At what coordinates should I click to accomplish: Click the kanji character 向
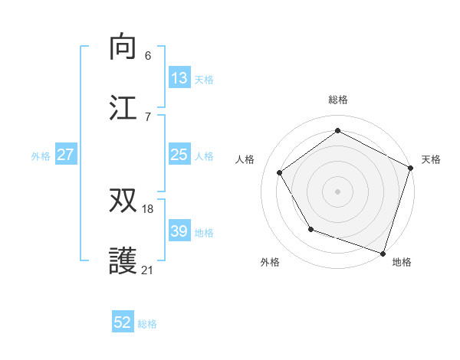[x=123, y=47]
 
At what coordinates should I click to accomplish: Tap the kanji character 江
[x=123, y=108]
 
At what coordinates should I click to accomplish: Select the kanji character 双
[x=123, y=201]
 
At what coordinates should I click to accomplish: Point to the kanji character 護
[x=123, y=262]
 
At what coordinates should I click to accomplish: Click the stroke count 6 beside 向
[x=148, y=55]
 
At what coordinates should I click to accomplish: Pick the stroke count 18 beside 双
[x=148, y=208]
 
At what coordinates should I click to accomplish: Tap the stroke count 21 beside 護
[x=148, y=270]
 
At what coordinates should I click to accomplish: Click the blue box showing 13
[x=179, y=77]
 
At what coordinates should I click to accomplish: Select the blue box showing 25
[x=179, y=155]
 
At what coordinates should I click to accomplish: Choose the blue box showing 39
[x=179, y=231]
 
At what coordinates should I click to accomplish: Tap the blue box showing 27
[x=66, y=155]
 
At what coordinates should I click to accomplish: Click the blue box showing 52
[x=123, y=322]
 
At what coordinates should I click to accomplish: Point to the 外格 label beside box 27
[x=41, y=156]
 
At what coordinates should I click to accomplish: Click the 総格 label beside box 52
[x=147, y=324]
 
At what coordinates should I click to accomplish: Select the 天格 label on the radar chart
[x=431, y=159]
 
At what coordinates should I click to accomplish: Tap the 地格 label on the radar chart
[x=402, y=262]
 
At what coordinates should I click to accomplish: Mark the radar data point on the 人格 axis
[x=280, y=173]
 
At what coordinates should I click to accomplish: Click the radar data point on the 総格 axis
[x=337, y=131]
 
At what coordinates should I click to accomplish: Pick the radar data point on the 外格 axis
[x=310, y=228]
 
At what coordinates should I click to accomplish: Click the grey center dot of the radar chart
[x=337, y=191]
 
